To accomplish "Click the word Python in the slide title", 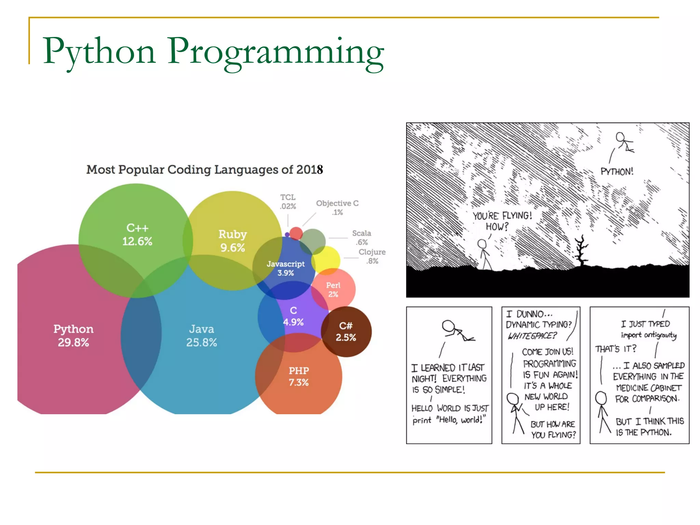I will (x=99, y=51).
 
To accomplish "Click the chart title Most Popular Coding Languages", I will (x=204, y=170).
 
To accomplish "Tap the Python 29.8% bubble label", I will (x=73, y=335).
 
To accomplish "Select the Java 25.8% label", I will (x=201, y=335).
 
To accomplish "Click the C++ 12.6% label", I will (x=137, y=234).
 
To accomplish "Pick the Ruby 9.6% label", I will (x=232, y=241).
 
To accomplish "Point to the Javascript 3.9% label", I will (x=285, y=268).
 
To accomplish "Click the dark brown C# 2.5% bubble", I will (x=346, y=332).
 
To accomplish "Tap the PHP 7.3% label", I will (x=298, y=376).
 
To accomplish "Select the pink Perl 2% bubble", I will (x=334, y=290).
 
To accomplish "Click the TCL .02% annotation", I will (x=288, y=202).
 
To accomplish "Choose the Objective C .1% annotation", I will (x=337, y=207).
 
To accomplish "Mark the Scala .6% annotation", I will (x=362, y=238).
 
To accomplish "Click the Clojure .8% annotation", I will (x=372, y=256).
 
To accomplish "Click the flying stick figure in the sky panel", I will (x=624, y=143).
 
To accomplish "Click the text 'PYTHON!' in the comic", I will (x=617, y=172).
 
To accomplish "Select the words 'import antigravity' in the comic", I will (x=648, y=335).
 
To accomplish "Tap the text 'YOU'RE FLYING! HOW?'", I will (x=502, y=221).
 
